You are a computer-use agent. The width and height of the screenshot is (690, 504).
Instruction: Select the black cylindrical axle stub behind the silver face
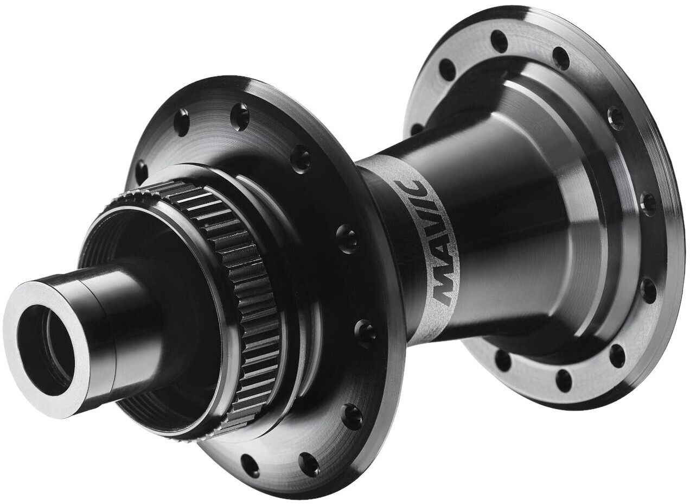pos(123,327)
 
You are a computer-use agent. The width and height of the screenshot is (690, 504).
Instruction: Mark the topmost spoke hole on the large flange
pos(499,42)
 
